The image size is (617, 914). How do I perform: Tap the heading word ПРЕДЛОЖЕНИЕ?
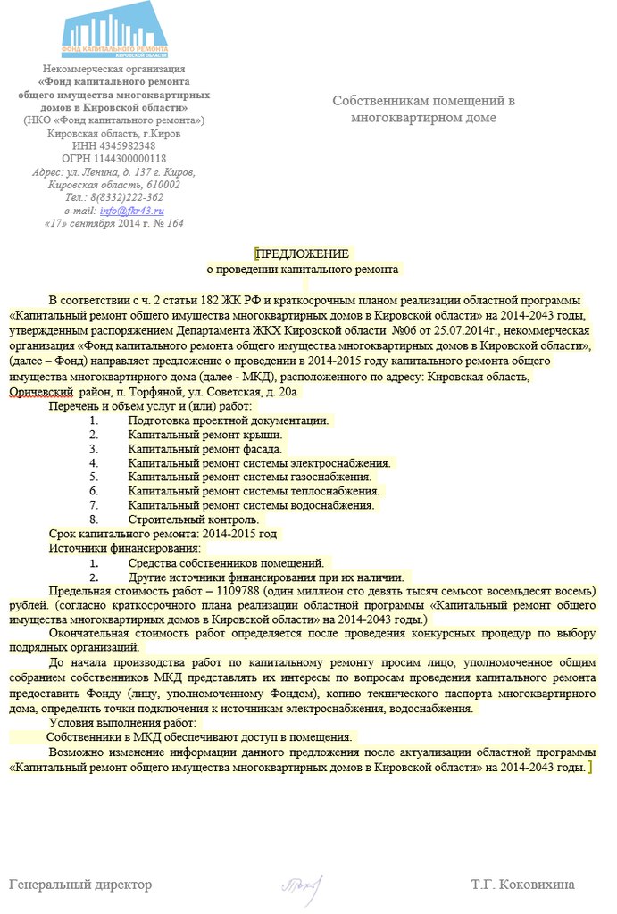302,254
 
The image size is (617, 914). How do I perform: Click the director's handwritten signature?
300,884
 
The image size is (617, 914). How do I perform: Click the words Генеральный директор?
80,885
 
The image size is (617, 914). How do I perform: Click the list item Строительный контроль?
193,519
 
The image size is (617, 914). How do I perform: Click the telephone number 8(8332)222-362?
126,197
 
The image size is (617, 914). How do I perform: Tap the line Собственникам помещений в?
423,101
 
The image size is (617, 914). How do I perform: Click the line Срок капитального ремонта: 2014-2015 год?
163,534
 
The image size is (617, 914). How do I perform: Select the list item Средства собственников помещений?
225,562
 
